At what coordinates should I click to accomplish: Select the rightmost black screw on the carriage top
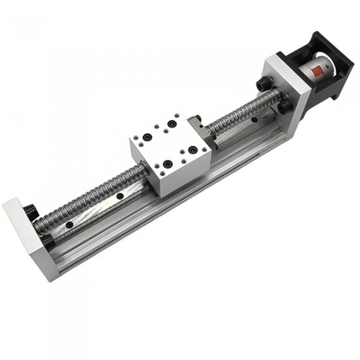[193, 150]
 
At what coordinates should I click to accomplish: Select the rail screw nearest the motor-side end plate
[254, 120]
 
